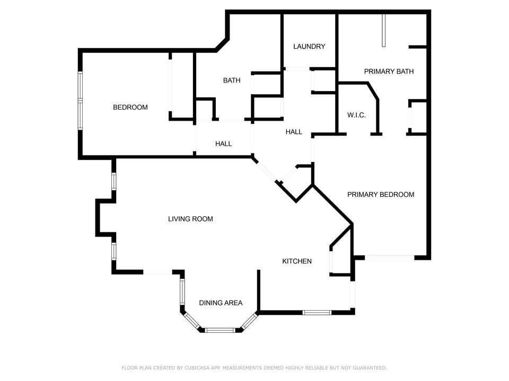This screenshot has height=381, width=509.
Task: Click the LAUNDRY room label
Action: pos(309,47)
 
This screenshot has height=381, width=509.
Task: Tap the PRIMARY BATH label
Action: pos(389,71)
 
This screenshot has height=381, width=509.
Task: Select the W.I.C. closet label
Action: pos(356,115)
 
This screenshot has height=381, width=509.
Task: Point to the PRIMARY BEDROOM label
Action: pos(381,195)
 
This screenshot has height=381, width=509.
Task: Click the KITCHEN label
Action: pos(296,261)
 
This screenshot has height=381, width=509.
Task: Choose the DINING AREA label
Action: pos(221,303)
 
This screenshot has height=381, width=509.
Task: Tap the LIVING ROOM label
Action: pos(190,219)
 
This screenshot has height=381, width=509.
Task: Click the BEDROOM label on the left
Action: pos(130,107)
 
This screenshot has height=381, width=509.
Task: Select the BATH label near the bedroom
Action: pos(231,81)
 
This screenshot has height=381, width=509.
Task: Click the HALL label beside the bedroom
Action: pos(223,144)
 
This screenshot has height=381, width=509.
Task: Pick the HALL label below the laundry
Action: pos(294,132)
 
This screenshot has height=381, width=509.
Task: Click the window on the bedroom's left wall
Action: pos(80,101)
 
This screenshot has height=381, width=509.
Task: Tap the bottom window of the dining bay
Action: pos(220,330)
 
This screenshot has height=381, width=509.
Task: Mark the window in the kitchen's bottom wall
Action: pos(317,313)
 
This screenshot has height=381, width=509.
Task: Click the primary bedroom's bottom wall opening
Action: pos(390,258)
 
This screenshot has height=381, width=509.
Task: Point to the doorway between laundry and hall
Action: pos(297,68)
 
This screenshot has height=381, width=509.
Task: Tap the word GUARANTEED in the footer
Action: pos(369,368)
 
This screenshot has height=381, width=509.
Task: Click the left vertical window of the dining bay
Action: pos(182,291)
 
